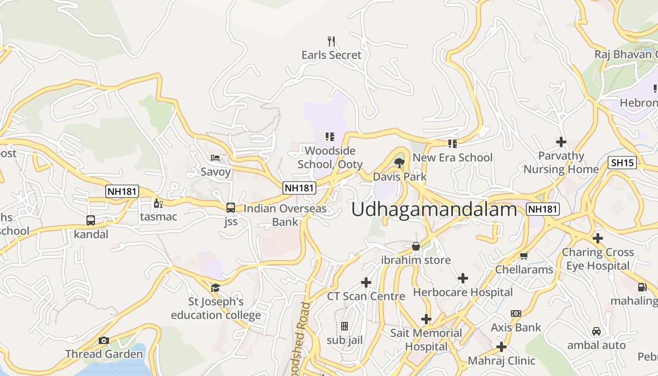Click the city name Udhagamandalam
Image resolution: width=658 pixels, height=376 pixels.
[434, 209]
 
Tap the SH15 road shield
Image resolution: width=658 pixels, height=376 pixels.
[622, 163]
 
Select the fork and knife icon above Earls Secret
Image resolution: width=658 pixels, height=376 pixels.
[331, 41]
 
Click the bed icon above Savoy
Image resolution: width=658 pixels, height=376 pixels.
[216, 158]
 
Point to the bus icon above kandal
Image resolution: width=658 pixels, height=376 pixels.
[91, 220]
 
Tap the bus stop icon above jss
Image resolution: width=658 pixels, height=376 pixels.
[231, 207]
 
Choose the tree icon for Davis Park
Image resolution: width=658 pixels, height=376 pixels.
[399, 163]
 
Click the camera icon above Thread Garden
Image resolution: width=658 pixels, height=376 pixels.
[104, 340]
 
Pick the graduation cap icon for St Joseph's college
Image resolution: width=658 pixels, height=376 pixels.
[216, 288]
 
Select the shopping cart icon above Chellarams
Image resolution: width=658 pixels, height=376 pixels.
[524, 256]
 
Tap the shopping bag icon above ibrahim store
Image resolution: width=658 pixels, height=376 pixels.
[416, 246]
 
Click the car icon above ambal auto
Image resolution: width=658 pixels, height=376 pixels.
[596, 331]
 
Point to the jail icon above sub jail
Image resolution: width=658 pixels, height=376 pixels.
[345, 326]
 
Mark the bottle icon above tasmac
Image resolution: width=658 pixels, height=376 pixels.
[158, 203]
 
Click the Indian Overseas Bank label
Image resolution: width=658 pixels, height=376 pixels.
[285, 215]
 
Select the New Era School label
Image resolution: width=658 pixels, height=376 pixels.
[453, 157]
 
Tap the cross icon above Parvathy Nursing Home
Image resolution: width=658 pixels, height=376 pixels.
[561, 141]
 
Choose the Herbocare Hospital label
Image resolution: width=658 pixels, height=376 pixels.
[463, 292]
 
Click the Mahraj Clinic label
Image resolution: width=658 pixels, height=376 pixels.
[501, 361]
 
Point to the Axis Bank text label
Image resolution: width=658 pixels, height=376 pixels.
[516, 327]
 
